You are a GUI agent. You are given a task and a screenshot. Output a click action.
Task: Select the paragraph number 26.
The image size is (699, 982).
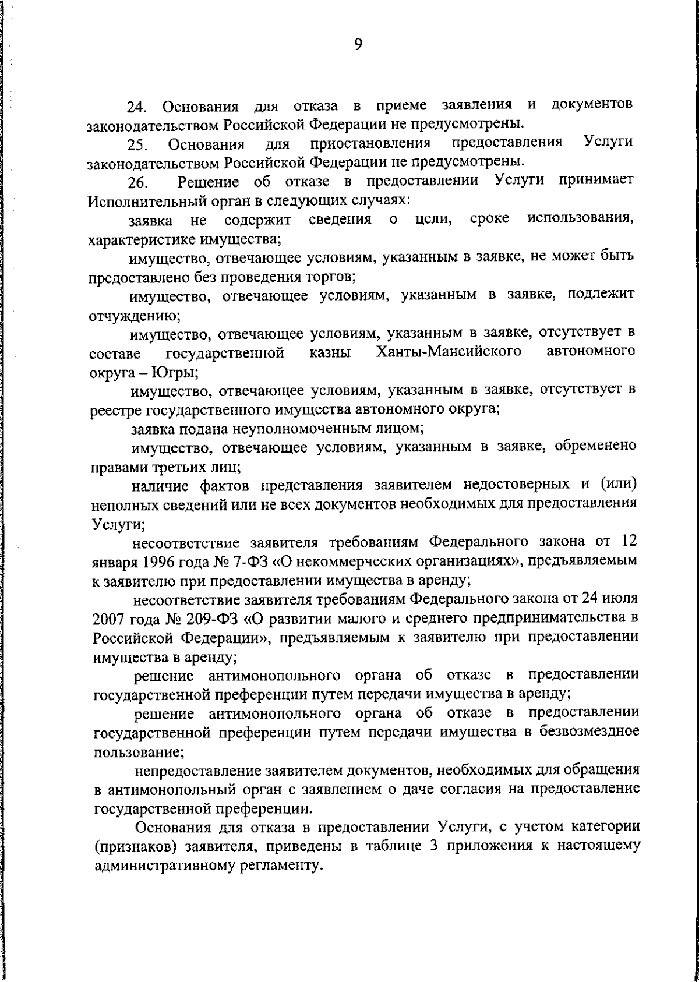click(138, 184)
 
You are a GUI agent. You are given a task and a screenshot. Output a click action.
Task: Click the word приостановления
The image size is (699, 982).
click(371, 144)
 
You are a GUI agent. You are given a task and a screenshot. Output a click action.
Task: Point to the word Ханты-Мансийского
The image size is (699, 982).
click(449, 352)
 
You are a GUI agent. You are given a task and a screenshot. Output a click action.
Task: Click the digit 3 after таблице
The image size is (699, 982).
click(434, 846)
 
